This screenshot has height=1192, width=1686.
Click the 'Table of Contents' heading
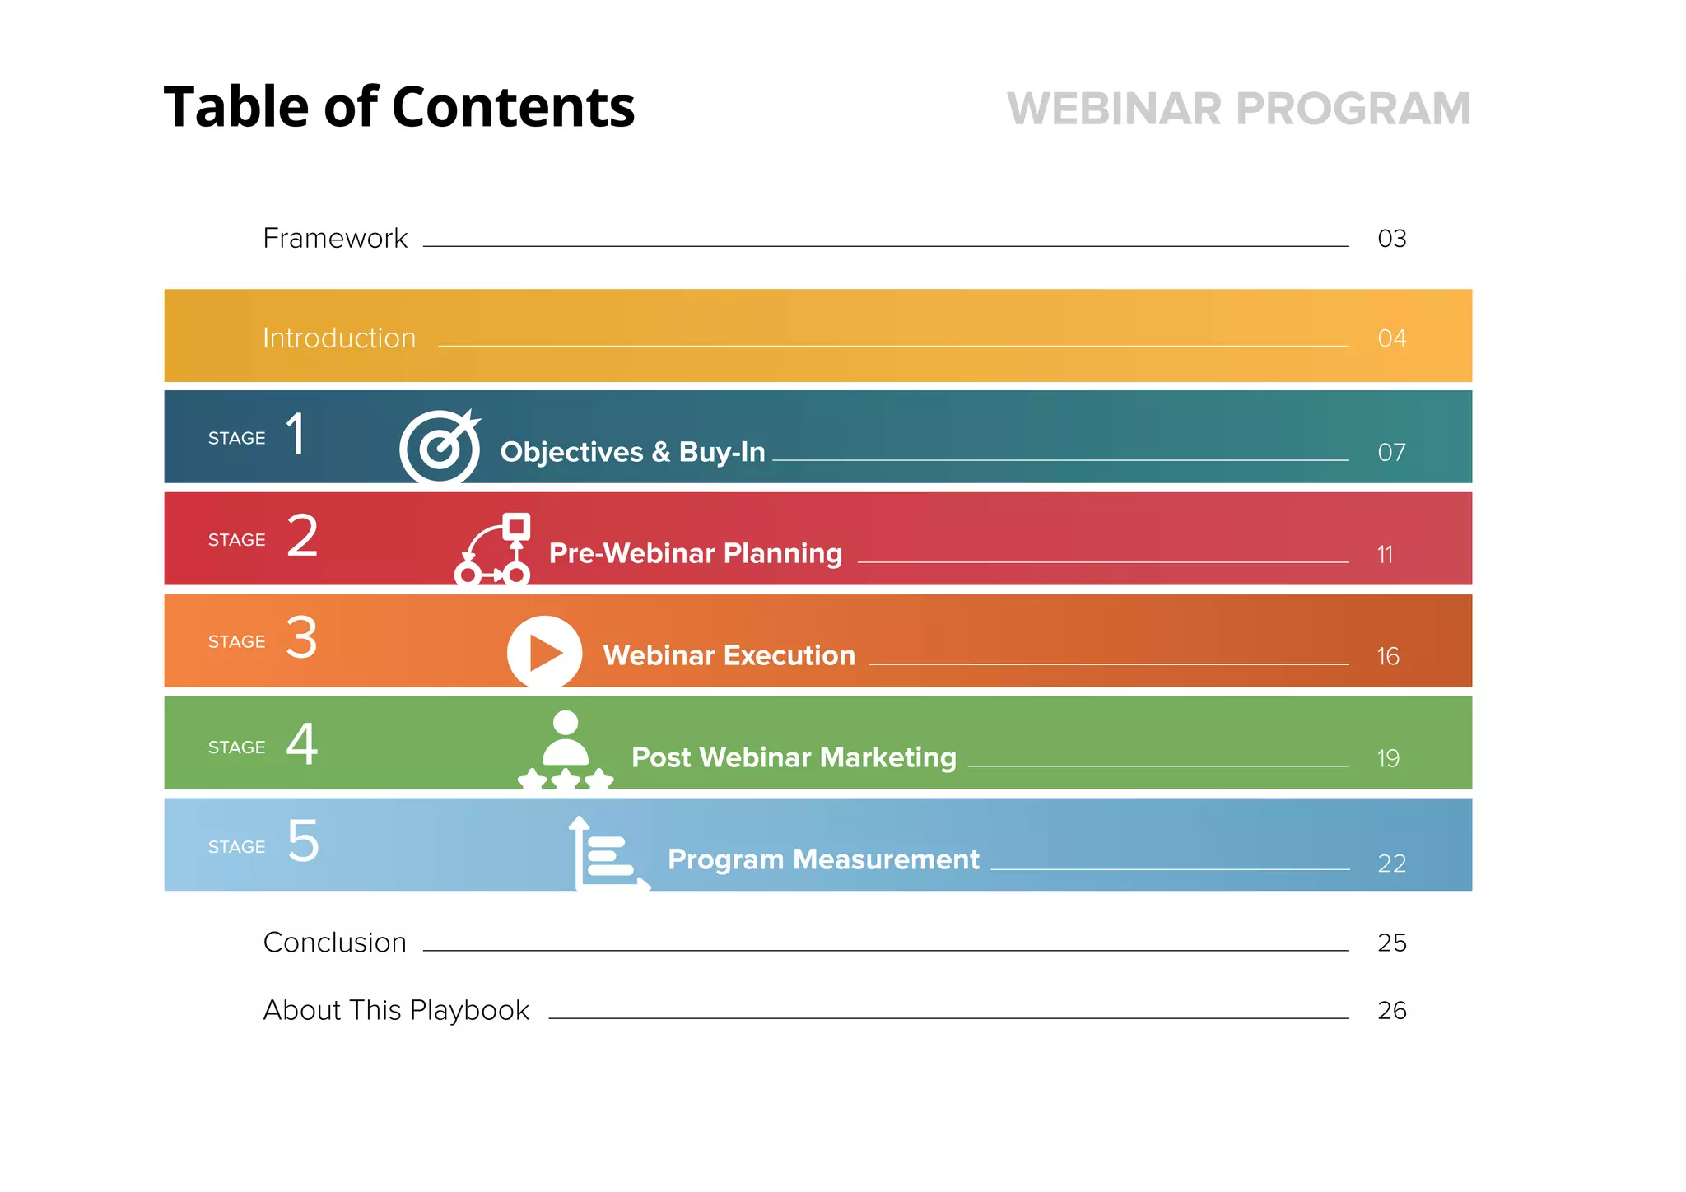(399, 108)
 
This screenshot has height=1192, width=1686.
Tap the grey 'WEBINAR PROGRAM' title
(1238, 109)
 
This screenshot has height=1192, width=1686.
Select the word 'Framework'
(334, 238)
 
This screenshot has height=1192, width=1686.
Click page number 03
(1391, 239)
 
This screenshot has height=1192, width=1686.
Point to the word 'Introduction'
(339, 338)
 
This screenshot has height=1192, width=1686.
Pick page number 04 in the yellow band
(1391, 338)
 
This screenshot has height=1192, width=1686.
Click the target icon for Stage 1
(440, 445)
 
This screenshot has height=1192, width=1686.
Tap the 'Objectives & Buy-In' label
(632, 452)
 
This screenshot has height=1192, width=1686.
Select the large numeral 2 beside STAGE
(302, 536)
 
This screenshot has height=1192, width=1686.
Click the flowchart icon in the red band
(494, 549)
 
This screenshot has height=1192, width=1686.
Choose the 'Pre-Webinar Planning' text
(696, 553)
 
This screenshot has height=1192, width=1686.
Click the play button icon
(544, 652)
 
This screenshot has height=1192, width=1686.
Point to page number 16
(1388, 656)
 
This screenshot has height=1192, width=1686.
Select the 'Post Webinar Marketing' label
(794, 757)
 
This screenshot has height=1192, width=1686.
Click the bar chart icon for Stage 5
(608, 854)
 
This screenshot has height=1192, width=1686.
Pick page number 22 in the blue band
(1391, 864)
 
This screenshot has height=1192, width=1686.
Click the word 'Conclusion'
(334, 943)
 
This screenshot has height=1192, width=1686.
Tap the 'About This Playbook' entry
(396, 1010)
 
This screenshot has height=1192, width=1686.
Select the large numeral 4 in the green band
(302, 744)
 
